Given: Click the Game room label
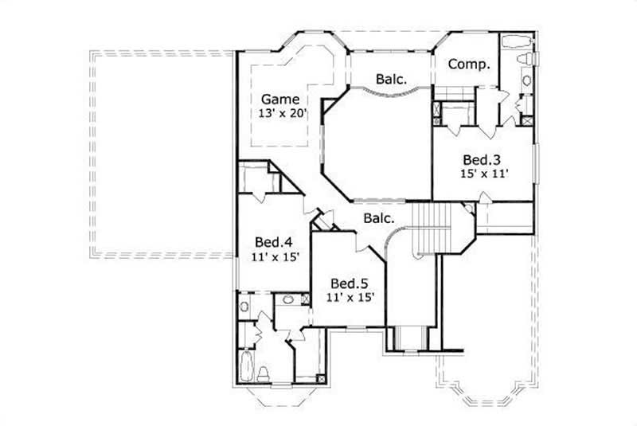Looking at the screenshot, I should tap(279, 100).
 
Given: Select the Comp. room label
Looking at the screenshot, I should tap(468, 64).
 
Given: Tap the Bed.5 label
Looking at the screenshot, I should tap(349, 283).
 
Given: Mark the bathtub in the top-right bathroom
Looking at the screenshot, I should tap(518, 42).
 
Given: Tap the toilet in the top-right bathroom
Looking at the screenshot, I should tap(525, 60).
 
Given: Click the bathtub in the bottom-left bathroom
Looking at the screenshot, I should tap(246, 369).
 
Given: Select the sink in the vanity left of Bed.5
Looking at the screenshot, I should tap(287, 300).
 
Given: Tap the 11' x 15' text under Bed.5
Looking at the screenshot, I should tap(350, 298).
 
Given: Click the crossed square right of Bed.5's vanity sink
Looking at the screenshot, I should tap(306, 299).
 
